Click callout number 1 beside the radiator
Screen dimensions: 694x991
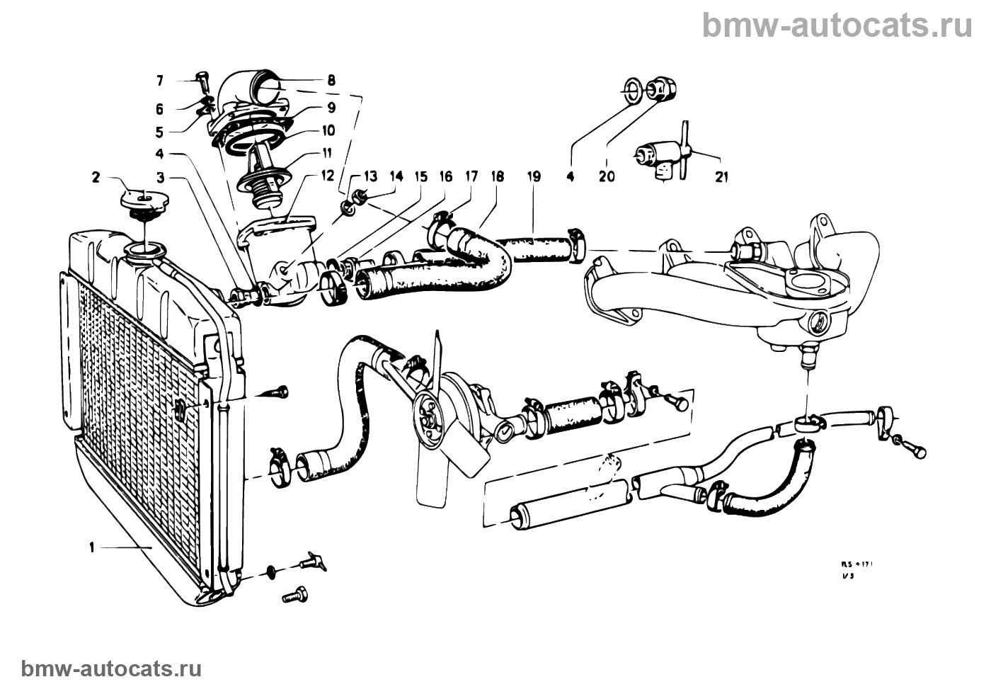[92, 547]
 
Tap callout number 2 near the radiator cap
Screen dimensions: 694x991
[96, 177]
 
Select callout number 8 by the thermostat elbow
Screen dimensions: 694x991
[331, 81]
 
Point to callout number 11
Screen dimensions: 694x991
[327, 152]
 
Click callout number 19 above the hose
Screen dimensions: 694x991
[534, 177]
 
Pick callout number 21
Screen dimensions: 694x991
[721, 177]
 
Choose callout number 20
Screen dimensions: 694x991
[607, 177]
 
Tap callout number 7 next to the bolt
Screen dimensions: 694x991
[159, 81]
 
